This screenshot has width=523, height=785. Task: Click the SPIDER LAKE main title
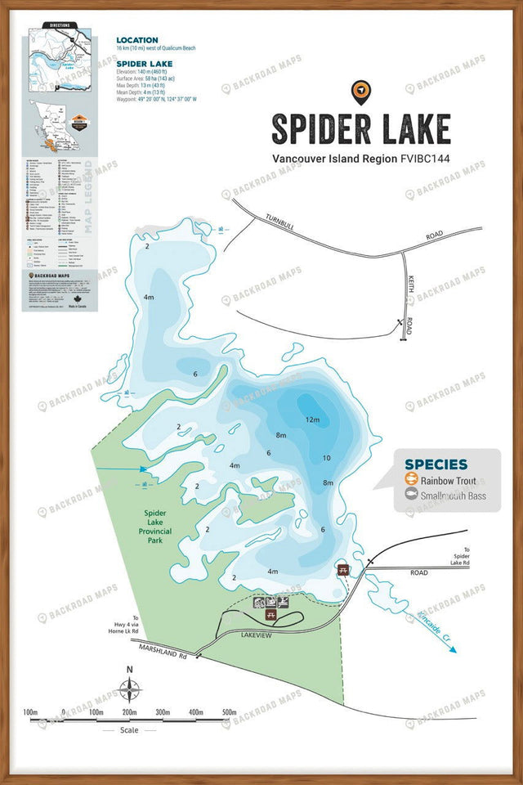(x=360, y=129)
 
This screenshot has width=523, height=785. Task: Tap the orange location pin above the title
(x=359, y=92)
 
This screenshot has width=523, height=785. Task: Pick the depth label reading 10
(x=327, y=458)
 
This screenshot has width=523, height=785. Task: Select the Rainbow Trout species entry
(x=449, y=481)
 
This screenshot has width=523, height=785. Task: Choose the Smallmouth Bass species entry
(x=452, y=496)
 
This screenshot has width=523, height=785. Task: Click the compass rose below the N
(x=129, y=691)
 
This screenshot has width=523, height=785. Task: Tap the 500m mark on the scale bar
(x=229, y=712)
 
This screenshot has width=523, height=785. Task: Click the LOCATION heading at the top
(x=137, y=40)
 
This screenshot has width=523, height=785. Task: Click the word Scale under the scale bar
(x=130, y=730)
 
